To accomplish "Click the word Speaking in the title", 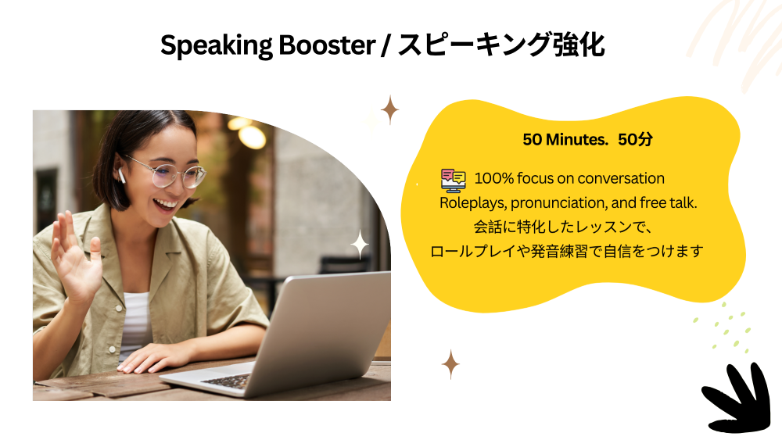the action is (217, 46).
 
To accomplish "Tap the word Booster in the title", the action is (327, 45).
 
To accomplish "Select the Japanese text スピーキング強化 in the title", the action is (501, 45).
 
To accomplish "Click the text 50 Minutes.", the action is (565, 140).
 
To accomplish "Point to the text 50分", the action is (635, 140).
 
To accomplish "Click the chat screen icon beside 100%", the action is (454, 180).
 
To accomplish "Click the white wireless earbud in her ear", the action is (120, 175).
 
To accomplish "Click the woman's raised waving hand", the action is (76, 257).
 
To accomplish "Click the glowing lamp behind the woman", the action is (253, 136).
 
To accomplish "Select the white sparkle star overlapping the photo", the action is (360, 245).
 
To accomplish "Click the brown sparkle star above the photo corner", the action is (389, 109).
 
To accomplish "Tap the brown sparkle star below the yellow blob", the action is (450, 364).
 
